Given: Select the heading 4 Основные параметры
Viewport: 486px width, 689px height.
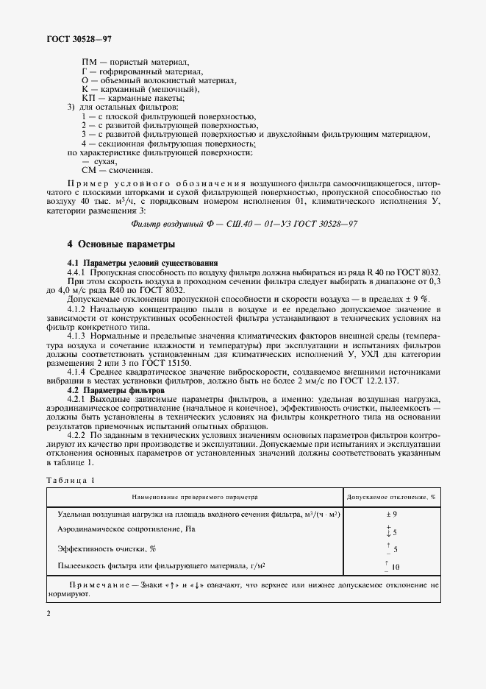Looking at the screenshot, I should (x=121, y=244).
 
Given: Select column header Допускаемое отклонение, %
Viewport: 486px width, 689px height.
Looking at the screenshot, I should (x=391, y=497).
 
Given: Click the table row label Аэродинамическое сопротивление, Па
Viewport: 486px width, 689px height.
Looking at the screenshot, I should (x=127, y=529).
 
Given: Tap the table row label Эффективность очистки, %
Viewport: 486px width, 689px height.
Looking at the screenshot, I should (x=107, y=548).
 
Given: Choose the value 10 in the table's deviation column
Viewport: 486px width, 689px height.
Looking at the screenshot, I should (x=395, y=568).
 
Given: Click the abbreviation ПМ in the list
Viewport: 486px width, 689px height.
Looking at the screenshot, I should (x=90, y=61).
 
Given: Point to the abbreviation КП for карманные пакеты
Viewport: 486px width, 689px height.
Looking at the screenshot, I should (x=89, y=99).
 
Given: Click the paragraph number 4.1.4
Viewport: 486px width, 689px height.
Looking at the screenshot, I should (x=78, y=372).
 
